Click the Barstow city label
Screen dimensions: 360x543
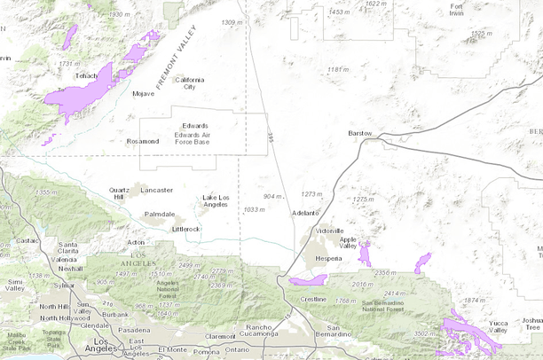[x=360, y=133]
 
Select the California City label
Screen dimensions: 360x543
[x=189, y=83]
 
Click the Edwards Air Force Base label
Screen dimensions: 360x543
[x=193, y=134]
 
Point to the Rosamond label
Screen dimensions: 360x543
[x=142, y=141]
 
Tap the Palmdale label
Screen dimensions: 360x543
[x=160, y=214]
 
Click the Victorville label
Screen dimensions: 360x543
[x=329, y=231]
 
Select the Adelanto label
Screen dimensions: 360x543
[x=304, y=213]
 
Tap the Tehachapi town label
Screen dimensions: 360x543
[x=86, y=76]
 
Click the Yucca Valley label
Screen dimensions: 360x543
[x=499, y=326]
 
